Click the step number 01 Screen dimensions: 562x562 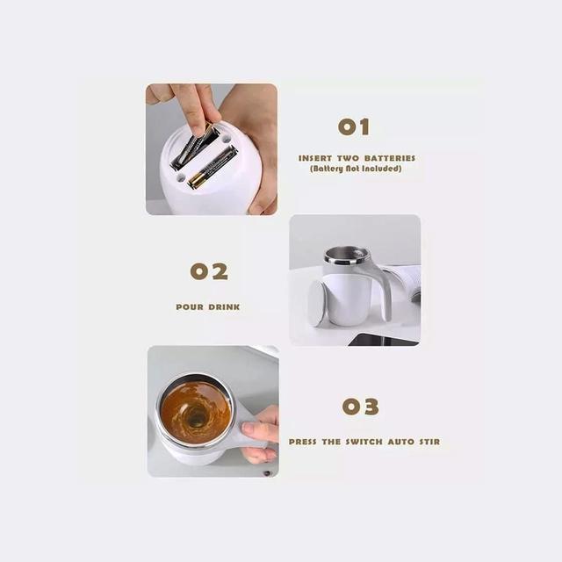(353, 126)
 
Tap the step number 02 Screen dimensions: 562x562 (209, 271)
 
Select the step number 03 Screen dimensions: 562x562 (360, 407)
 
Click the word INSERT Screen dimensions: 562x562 (315, 158)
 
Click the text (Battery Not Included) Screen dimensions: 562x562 (356, 169)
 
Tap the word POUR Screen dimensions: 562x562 (190, 307)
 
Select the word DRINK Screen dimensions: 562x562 (224, 307)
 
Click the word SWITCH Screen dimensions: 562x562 (364, 442)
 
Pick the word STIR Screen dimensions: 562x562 (429, 442)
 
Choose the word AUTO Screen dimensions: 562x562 (401, 442)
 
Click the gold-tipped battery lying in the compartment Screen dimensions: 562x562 (213, 167)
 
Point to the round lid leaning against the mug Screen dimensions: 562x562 (317, 303)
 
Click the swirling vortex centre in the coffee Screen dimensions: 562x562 (196, 416)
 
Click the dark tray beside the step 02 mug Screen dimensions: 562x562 (384, 340)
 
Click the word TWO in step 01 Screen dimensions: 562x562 (348, 158)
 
